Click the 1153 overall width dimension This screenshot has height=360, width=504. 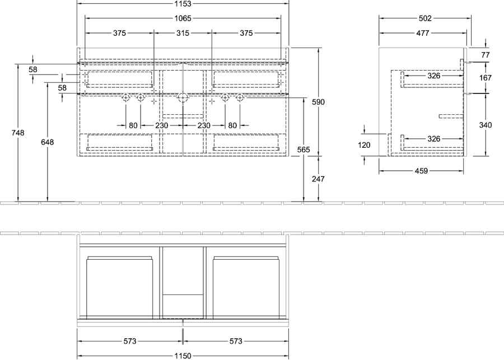[183, 4]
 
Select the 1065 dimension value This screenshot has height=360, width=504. [183, 18]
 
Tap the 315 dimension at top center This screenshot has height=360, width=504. [183, 33]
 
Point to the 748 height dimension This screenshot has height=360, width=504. [18, 133]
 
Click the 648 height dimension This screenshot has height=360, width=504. [47, 142]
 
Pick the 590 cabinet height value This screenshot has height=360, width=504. [318, 102]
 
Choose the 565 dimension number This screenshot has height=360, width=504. [304, 149]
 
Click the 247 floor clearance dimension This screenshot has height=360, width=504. [318, 179]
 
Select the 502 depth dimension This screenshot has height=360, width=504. [425, 18]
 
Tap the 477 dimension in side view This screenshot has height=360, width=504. [423, 33]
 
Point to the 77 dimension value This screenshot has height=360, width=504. [486, 55]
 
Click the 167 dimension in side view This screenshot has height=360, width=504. [485, 77]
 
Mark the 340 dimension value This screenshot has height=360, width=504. [486, 125]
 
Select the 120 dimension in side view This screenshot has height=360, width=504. [364, 145]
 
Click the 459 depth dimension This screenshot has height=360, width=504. [421, 171]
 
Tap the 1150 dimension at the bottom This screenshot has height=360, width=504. [183, 356]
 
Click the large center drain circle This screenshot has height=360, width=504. [183, 97]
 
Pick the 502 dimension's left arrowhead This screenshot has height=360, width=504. [381, 18]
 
